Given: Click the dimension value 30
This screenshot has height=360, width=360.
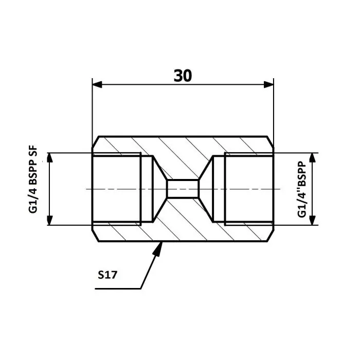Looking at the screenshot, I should point(183,76).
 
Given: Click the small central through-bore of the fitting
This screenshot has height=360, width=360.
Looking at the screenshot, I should point(183,189).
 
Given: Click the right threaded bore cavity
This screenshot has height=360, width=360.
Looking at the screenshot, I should point(249,189).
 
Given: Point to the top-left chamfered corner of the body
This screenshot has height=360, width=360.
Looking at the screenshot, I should point(95,141).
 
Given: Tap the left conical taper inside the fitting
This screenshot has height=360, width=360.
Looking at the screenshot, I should point(159,189).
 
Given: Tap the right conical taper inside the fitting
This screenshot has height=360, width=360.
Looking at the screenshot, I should point(206,189).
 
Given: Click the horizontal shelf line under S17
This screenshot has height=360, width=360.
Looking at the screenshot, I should point(118,289).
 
